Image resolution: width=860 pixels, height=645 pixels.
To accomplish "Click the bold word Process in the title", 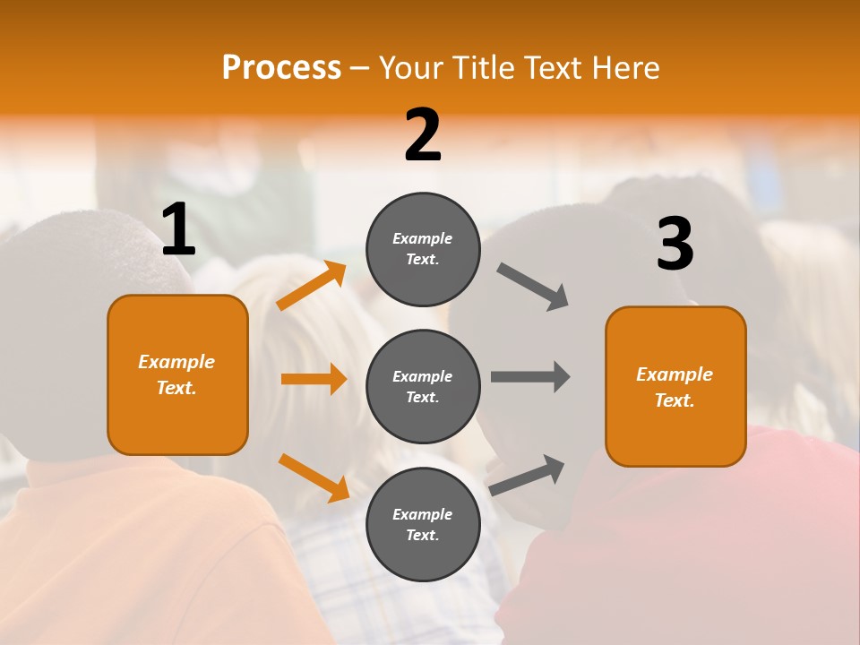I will (x=281, y=68).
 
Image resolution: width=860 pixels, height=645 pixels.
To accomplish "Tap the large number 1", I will (x=178, y=230).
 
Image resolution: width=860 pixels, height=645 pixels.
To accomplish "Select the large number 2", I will (x=423, y=135).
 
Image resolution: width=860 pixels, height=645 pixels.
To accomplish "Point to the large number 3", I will (x=675, y=244).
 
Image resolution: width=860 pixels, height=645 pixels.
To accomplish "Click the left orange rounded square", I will (x=177, y=374).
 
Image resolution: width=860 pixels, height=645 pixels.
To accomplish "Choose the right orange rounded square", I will (x=675, y=387).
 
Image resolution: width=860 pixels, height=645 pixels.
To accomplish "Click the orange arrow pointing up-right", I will (x=312, y=286).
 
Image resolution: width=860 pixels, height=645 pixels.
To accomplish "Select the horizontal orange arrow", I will (x=314, y=379).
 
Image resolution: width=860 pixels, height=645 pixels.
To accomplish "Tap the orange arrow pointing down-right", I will (x=314, y=477).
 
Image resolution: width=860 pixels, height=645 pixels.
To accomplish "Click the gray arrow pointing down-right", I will (x=533, y=287).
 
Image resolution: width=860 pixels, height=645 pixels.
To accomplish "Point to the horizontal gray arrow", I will (x=530, y=377).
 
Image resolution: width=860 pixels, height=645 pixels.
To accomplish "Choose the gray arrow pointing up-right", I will (x=527, y=475).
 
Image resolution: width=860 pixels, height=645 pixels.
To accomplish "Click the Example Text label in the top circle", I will (x=423, y=249).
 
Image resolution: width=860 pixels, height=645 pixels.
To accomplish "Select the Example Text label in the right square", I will (x=675, y=387).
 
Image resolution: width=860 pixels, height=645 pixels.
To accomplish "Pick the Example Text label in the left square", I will (x=176, y=374).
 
